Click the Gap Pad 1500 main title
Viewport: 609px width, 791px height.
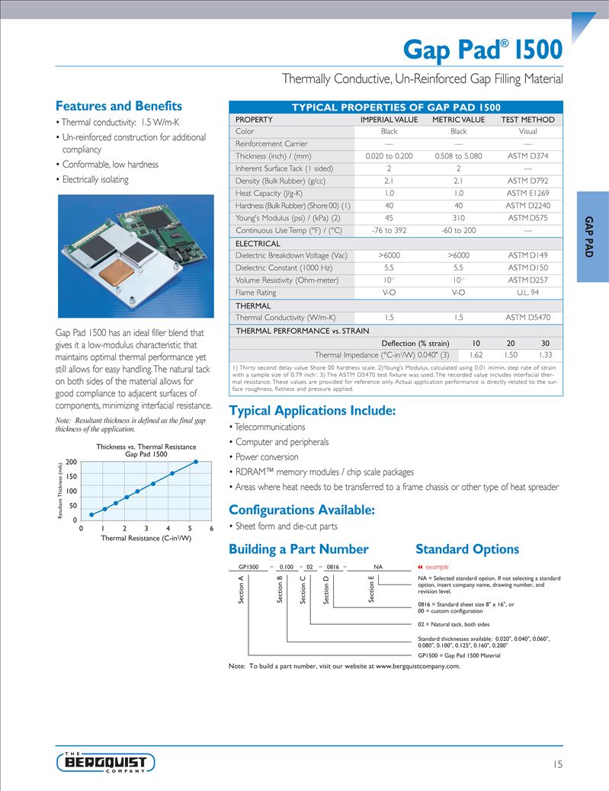[x=482, y=50]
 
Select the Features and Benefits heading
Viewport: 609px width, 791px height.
[x=119, y=106]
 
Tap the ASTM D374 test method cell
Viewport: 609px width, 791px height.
[x=527, y=156]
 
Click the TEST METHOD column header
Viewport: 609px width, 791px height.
[x=527, y=120]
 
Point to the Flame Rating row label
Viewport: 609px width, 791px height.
[x=256, y=293]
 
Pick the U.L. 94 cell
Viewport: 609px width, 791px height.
[x=527, y=293]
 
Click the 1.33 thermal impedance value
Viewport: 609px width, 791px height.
[x=545, y=354]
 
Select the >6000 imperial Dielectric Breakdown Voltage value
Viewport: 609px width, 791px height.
[x=389, y=255]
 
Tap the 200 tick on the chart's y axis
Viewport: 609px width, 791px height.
[x=72, y=463]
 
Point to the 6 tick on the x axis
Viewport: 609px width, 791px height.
[x=211, y=528]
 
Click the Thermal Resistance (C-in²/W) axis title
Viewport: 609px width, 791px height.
[x=146, y=538]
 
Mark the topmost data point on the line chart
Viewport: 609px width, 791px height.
[x=196, y=462]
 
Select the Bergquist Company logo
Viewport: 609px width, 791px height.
[x=106, y=762]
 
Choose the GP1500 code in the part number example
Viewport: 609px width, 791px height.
[x=249, y=567]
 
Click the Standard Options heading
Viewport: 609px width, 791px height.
[x=467, y=549]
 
